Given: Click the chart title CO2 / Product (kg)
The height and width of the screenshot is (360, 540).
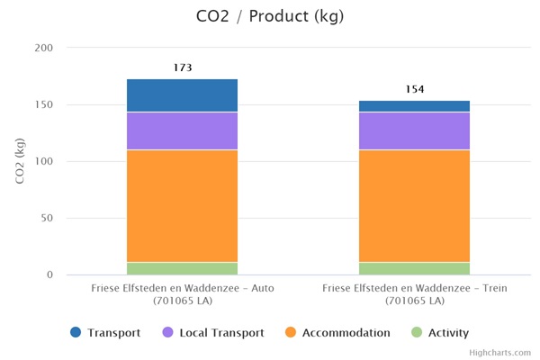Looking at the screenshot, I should point(269,16).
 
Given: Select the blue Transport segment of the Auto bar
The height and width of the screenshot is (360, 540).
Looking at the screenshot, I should point(182,95).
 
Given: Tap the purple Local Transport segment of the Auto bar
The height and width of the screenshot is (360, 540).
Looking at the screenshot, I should point(182,131).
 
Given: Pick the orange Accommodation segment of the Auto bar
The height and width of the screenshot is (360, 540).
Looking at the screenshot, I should point(182,206).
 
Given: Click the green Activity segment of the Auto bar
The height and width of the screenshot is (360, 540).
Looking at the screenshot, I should point(182,268).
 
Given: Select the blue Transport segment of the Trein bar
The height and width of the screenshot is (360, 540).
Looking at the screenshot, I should point(414,106).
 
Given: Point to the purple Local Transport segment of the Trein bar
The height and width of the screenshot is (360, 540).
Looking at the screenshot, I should point(414,131).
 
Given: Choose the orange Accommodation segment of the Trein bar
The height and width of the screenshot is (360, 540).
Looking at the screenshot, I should point(414,206).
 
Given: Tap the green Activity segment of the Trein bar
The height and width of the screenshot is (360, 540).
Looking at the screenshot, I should point(414,268).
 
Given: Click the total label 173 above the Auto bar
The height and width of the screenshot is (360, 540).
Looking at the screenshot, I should point(183,67).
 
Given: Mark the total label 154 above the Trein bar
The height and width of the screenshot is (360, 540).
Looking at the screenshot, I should point(414,89).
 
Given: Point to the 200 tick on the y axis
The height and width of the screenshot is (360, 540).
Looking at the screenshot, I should point(43,48).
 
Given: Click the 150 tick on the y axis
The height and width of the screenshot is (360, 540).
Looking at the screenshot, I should point(43,104).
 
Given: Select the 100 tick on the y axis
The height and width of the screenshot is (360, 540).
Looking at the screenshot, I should point(43,161).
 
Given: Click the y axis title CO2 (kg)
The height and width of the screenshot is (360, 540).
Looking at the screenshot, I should point(20,160).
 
